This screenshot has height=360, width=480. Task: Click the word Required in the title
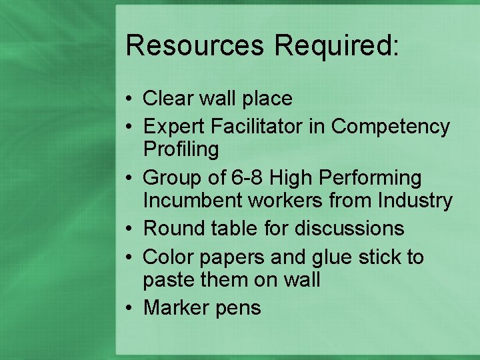[x=337, y=45]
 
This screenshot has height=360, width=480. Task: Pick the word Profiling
[x=181, y=149]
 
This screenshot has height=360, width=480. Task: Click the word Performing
[x=378, y=178]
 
